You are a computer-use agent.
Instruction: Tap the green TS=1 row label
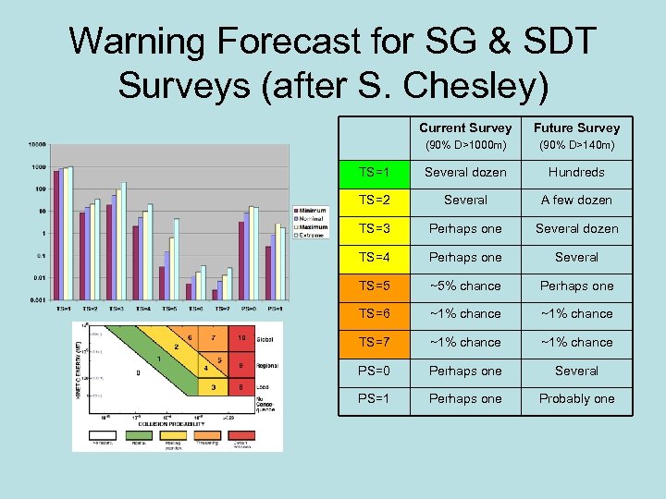[x=374, y=172]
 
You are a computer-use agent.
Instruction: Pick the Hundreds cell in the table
[x=576, y=172]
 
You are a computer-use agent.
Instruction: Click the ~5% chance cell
[x=464, y=286]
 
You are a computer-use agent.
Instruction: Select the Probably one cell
[x=576, y=398]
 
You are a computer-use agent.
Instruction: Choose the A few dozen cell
[x=576, y=200]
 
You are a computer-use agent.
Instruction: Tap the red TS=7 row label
[x=374, y=342]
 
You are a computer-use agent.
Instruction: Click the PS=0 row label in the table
[x=374, y=371]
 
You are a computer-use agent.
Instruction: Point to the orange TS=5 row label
[x=374, y=286]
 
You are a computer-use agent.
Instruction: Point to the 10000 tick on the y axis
[x=38, y=145]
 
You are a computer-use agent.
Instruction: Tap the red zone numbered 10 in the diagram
[x=240, y=338]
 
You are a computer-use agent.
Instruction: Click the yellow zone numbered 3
[x=215, y=388]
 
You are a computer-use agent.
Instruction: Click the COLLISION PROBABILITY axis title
[x=174, y=424]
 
